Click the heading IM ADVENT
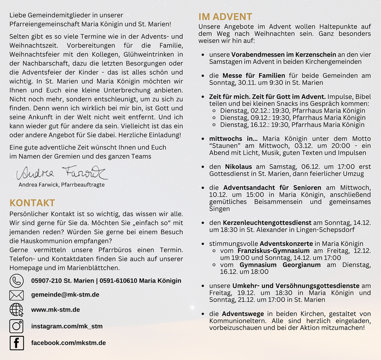[x=225, y=17]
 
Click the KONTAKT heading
[x=32, y=203]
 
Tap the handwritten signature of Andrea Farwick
[x=62, y=173]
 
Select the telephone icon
[x=17, y=281]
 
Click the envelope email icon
[x=17, y=295]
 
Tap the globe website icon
[x=17, y=310]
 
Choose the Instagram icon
[x=17, y=326]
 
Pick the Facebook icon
[x=17, y=343]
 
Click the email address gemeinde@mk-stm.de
[x=65, y=295]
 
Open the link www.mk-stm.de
[x=55, y=310]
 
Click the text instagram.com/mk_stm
[x=67, y=326]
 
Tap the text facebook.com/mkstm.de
[x=68, y=343]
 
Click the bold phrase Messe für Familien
[x=254, y=76]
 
